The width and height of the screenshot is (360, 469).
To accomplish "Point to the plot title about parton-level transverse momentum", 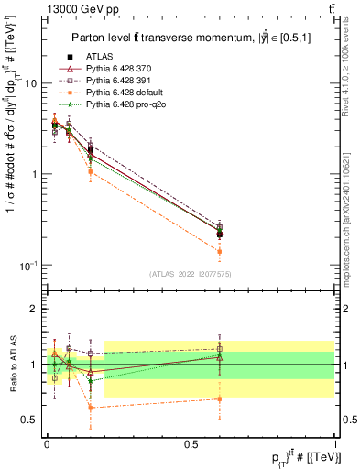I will [x=189, y=38].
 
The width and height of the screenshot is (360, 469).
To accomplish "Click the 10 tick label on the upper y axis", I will [x=32, y=83].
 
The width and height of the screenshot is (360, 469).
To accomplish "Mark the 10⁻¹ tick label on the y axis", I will [x=31, y=266].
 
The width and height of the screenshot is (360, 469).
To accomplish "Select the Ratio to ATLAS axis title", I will [x=12, y=363].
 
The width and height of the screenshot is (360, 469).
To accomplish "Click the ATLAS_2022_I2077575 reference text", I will [x=191, y=274].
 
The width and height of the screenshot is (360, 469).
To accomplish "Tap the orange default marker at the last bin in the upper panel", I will [x=219, y=251].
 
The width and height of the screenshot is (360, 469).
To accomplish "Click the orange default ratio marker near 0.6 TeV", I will [x=219, y=398].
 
